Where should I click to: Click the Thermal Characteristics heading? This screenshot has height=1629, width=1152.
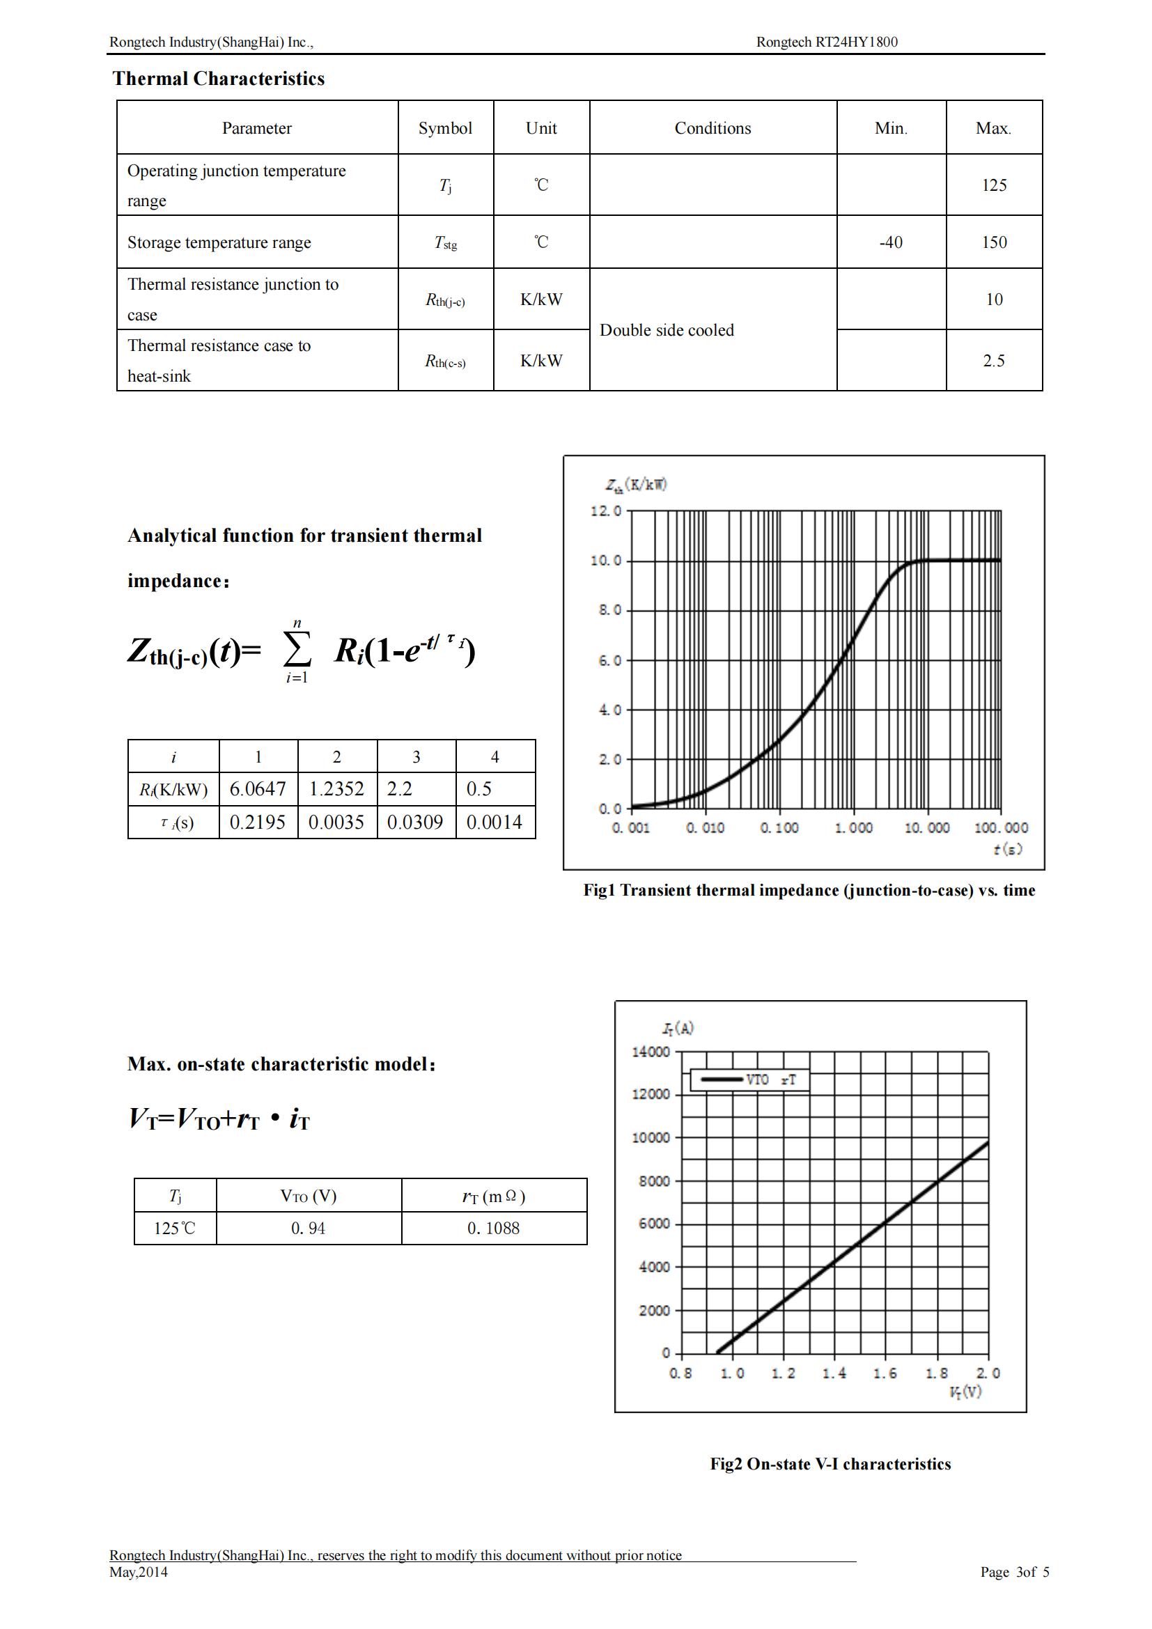point(219,78)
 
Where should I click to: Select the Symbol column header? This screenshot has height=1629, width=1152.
point(445,127)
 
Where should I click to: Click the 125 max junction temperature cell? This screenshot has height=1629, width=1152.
point(994,185)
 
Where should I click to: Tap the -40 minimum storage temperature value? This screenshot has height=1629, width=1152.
point(890,242)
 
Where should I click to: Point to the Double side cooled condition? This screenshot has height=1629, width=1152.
point(667,330)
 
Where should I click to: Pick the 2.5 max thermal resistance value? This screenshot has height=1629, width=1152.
point(994,361)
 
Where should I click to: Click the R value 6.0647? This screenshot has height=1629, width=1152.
point(258,789)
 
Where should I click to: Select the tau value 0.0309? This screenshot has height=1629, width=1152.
point(415,823)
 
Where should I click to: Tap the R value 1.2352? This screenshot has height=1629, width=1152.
point(336,789)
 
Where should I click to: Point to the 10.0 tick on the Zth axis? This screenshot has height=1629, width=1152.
point(606,561)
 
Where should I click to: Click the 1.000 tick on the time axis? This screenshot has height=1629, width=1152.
point(853,828)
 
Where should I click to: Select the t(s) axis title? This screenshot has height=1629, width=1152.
point(1007,849)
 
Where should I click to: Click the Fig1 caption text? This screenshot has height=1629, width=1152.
point(809,891)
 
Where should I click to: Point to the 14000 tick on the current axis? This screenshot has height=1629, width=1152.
point(651,1052)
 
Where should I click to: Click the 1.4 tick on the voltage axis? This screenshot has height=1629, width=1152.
point(834,1373)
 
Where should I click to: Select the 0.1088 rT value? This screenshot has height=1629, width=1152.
point(493,1228)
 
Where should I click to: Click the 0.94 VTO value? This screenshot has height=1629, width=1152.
point(308,1228)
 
